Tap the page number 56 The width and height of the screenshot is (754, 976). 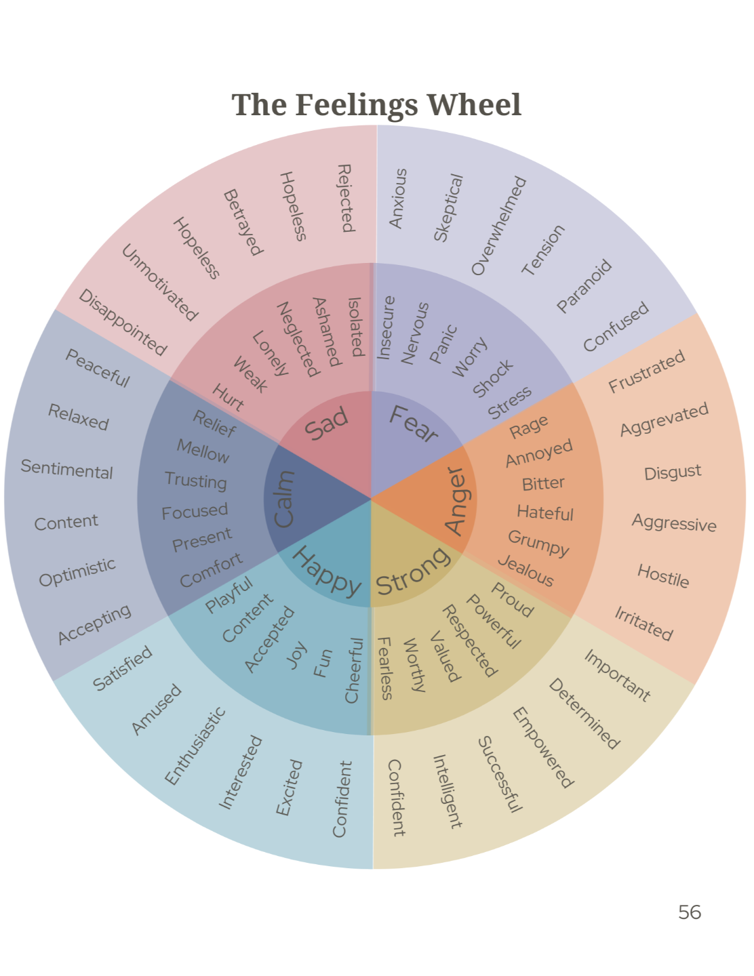689,912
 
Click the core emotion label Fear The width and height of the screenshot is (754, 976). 414,424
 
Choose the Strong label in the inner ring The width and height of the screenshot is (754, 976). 412,571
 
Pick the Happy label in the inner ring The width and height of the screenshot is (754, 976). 327,571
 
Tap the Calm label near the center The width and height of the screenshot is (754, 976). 283,499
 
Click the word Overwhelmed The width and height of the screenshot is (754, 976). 498,226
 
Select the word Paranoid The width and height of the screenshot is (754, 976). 584,286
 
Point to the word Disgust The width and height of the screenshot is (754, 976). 673,472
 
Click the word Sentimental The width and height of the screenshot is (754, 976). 66,469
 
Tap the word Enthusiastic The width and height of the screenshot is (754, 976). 195,746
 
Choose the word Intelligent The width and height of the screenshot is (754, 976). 448,792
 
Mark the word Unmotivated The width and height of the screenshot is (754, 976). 159,283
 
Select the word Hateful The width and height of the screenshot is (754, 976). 545,513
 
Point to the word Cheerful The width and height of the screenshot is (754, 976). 354,670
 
